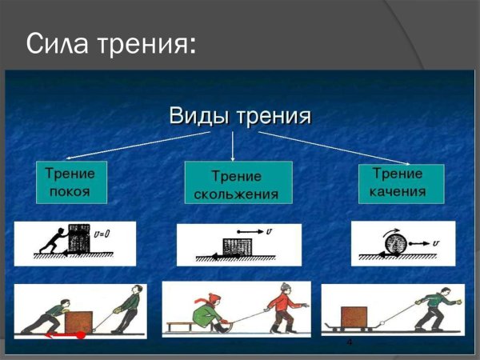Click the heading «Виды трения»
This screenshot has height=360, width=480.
coord(239,115)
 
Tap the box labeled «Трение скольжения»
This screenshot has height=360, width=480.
coord(238,184)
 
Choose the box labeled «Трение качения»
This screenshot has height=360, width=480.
coord(401,182)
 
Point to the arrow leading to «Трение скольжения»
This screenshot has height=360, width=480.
coord(232,146)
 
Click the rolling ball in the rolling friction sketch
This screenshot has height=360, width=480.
coord(393,240)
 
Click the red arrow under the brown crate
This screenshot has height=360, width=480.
coord(64,336)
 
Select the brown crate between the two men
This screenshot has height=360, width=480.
coord(79,322)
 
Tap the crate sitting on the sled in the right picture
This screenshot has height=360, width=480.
coord(354,317)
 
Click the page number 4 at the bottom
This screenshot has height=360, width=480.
coord(350,342)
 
